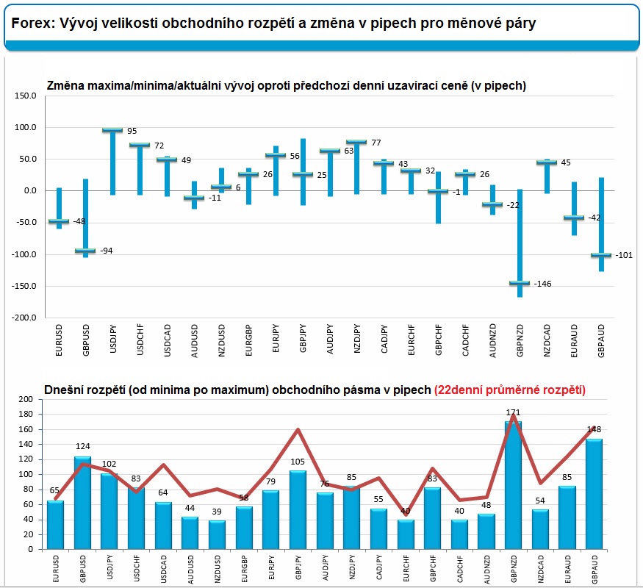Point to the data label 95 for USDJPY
pos(132,131)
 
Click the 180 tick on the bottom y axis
pos(26,415)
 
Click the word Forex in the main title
pos(29,24)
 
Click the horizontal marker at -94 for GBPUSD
pos(85,251)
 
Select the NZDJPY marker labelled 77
pos(356,142)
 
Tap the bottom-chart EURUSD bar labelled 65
pos(56,525)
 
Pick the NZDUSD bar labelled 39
pos(217,534)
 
